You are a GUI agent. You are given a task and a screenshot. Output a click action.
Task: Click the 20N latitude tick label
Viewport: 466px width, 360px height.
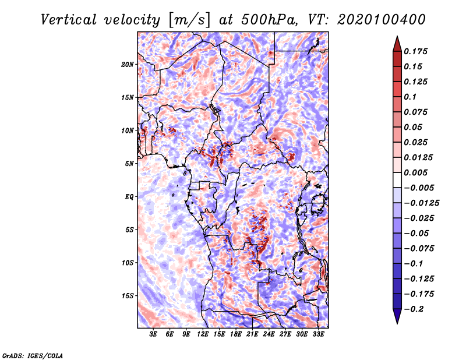pos(128,64)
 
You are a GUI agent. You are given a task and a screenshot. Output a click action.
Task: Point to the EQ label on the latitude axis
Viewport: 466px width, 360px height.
pos(129,196)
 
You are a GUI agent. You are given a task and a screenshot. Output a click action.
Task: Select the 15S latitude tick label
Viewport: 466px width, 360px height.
pos(128,296)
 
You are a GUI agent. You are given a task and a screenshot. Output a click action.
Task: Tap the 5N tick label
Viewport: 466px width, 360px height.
pos(129,164)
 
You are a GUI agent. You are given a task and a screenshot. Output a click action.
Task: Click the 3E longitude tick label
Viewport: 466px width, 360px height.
pos(154,335)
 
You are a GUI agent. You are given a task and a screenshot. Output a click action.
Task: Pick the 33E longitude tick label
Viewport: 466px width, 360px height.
pos(318,335)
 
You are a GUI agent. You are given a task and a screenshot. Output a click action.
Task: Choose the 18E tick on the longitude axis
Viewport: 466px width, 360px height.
pos(236,335)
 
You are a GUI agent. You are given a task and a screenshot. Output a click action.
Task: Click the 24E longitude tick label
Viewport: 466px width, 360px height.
pos(269,335)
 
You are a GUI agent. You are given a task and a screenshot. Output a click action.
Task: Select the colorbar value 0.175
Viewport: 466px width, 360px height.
pos(417,51)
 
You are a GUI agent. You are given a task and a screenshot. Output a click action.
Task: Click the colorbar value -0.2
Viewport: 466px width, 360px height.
pos(417,309)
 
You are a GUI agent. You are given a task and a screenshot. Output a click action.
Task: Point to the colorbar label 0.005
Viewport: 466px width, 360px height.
pos(417,172)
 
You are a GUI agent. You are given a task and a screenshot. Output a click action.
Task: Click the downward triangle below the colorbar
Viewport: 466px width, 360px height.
pos(396,316)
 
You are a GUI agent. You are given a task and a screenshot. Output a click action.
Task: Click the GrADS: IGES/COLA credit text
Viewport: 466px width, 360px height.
pos(33,355)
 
